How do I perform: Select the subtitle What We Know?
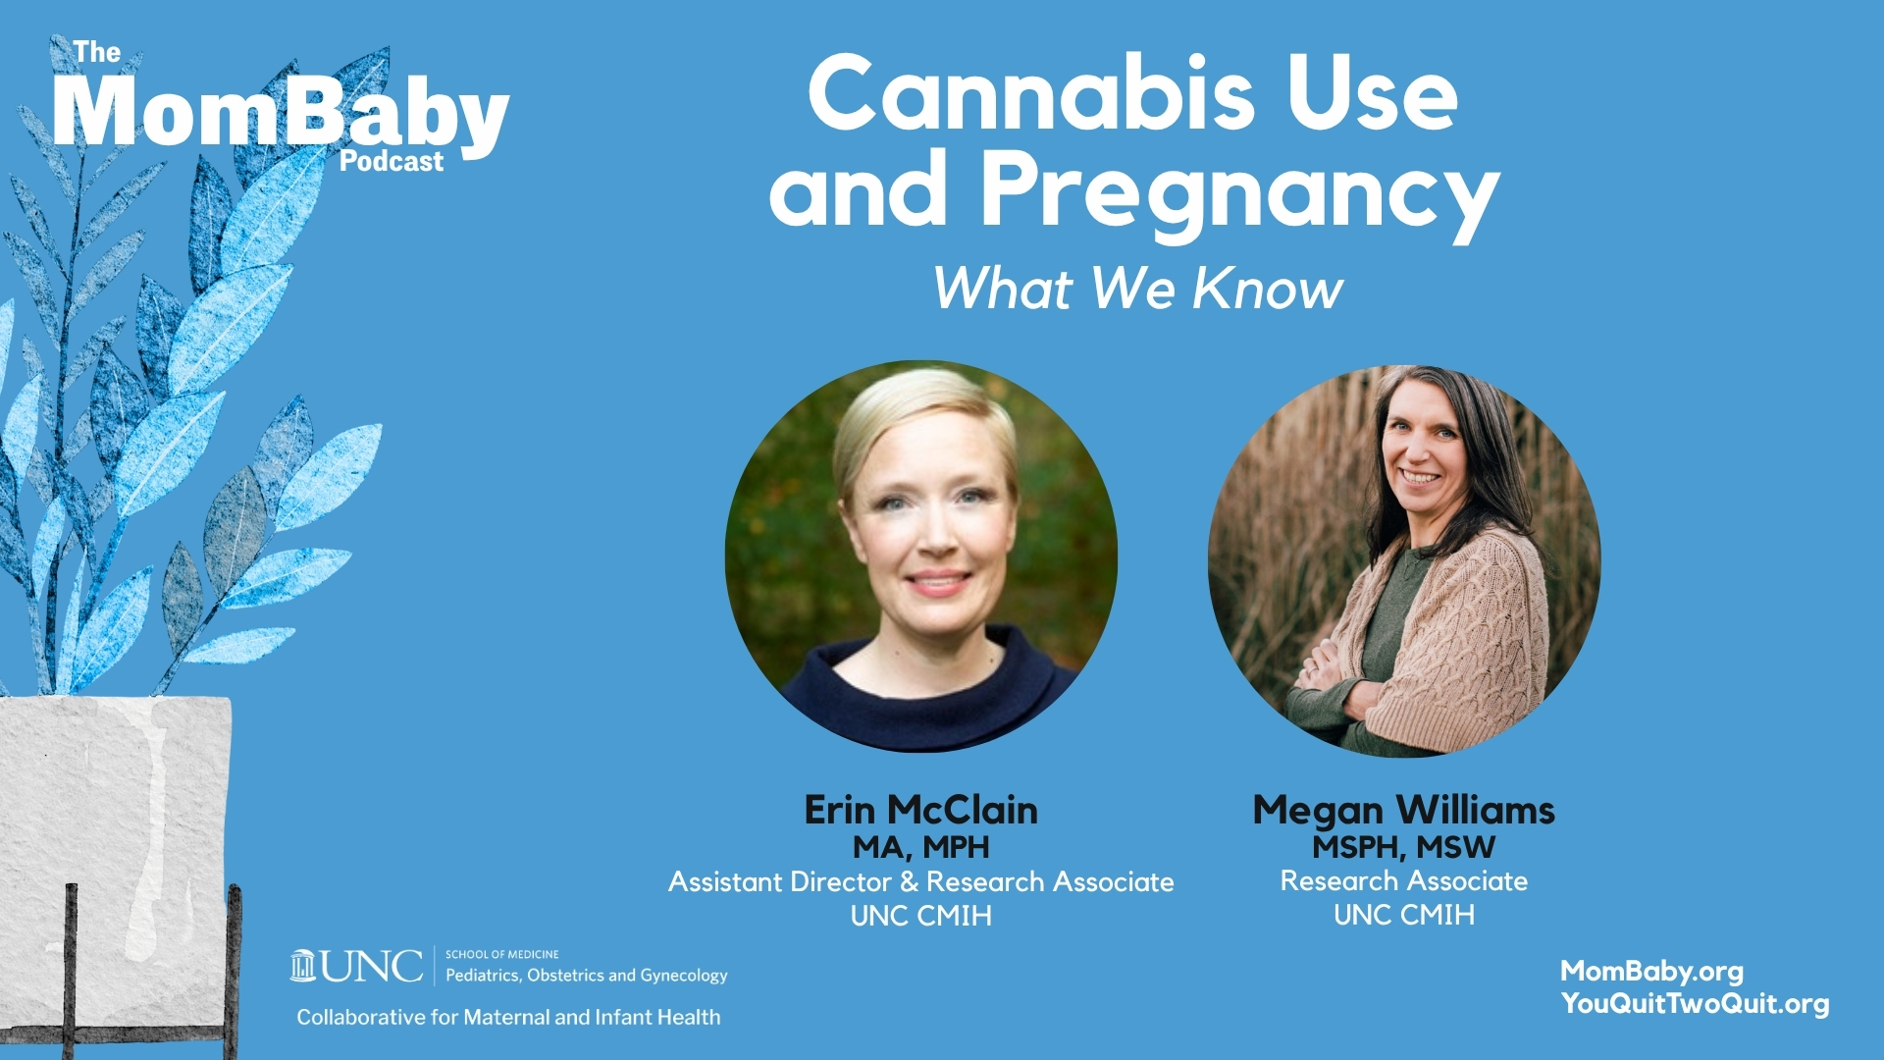tap(1137, 289)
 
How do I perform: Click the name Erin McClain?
tap(920, 810)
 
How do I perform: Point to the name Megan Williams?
tap(1403, 811)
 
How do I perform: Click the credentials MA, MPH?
tap(920, 847)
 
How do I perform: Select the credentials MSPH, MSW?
tap(1403, 846)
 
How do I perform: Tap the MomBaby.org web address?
tap(1651, 972)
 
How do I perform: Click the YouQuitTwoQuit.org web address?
tap(1695, 1004)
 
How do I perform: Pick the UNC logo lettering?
tap(372, 967)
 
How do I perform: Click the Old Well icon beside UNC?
tap(303, 966)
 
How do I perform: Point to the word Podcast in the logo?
tap(392, 161)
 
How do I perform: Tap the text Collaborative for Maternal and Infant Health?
tap(508, 1018)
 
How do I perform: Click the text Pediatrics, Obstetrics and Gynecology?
tap(587, 976)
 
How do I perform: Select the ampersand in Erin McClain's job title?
tap(910, 881)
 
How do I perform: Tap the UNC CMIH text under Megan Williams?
tap(1403, 915)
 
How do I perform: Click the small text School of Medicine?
tap(502, 954)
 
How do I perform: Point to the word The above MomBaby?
tap(97, 52)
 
